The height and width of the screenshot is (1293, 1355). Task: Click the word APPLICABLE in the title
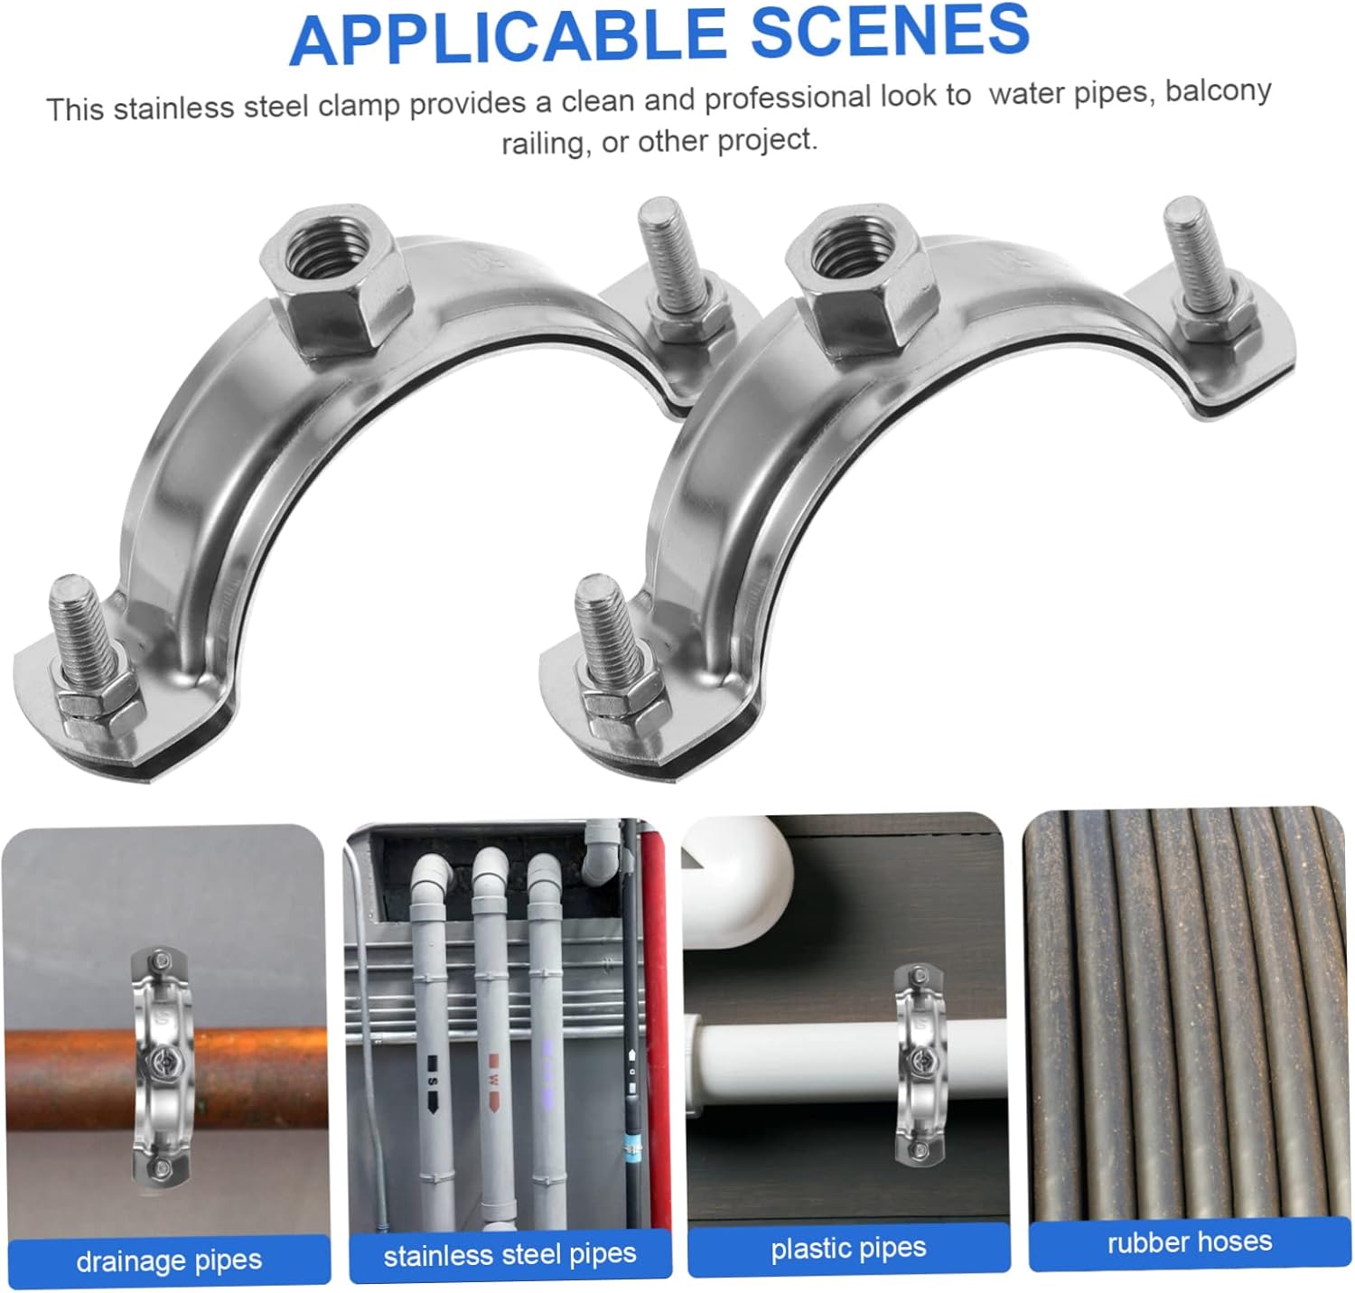[x=508, y=39]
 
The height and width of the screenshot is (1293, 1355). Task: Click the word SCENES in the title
[x=890, y=30]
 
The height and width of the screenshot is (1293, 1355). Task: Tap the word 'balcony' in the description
[x=1218, y=91]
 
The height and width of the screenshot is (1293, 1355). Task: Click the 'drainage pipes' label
[x=169, y=1260]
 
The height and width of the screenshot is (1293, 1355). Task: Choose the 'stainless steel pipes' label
[x=510, y=1255]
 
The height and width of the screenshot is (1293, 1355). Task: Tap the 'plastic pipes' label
[x=848, y=1248]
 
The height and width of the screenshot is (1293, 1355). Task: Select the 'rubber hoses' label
[x=1190, y=1242]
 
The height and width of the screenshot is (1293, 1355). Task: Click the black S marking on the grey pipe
[x=432, y=1081]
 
